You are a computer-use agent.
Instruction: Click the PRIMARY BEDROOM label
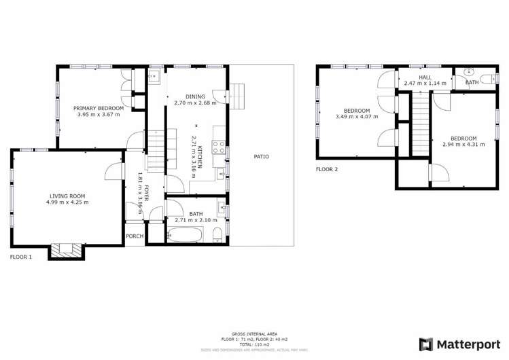click(99, 108)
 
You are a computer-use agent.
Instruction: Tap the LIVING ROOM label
click(67, 196)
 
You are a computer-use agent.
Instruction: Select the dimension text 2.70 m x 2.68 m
click(195, 103)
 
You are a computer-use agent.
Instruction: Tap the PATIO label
click(262, 156)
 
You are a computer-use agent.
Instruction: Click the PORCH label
click(135, 236)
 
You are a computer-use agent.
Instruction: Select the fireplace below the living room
click(67, 251)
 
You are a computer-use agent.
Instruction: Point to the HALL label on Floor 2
click(425, 77)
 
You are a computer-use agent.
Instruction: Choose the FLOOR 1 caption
click(21, 257)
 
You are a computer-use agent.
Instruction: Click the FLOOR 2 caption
click(327, 169)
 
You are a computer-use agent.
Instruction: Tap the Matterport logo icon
click(425, 344)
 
